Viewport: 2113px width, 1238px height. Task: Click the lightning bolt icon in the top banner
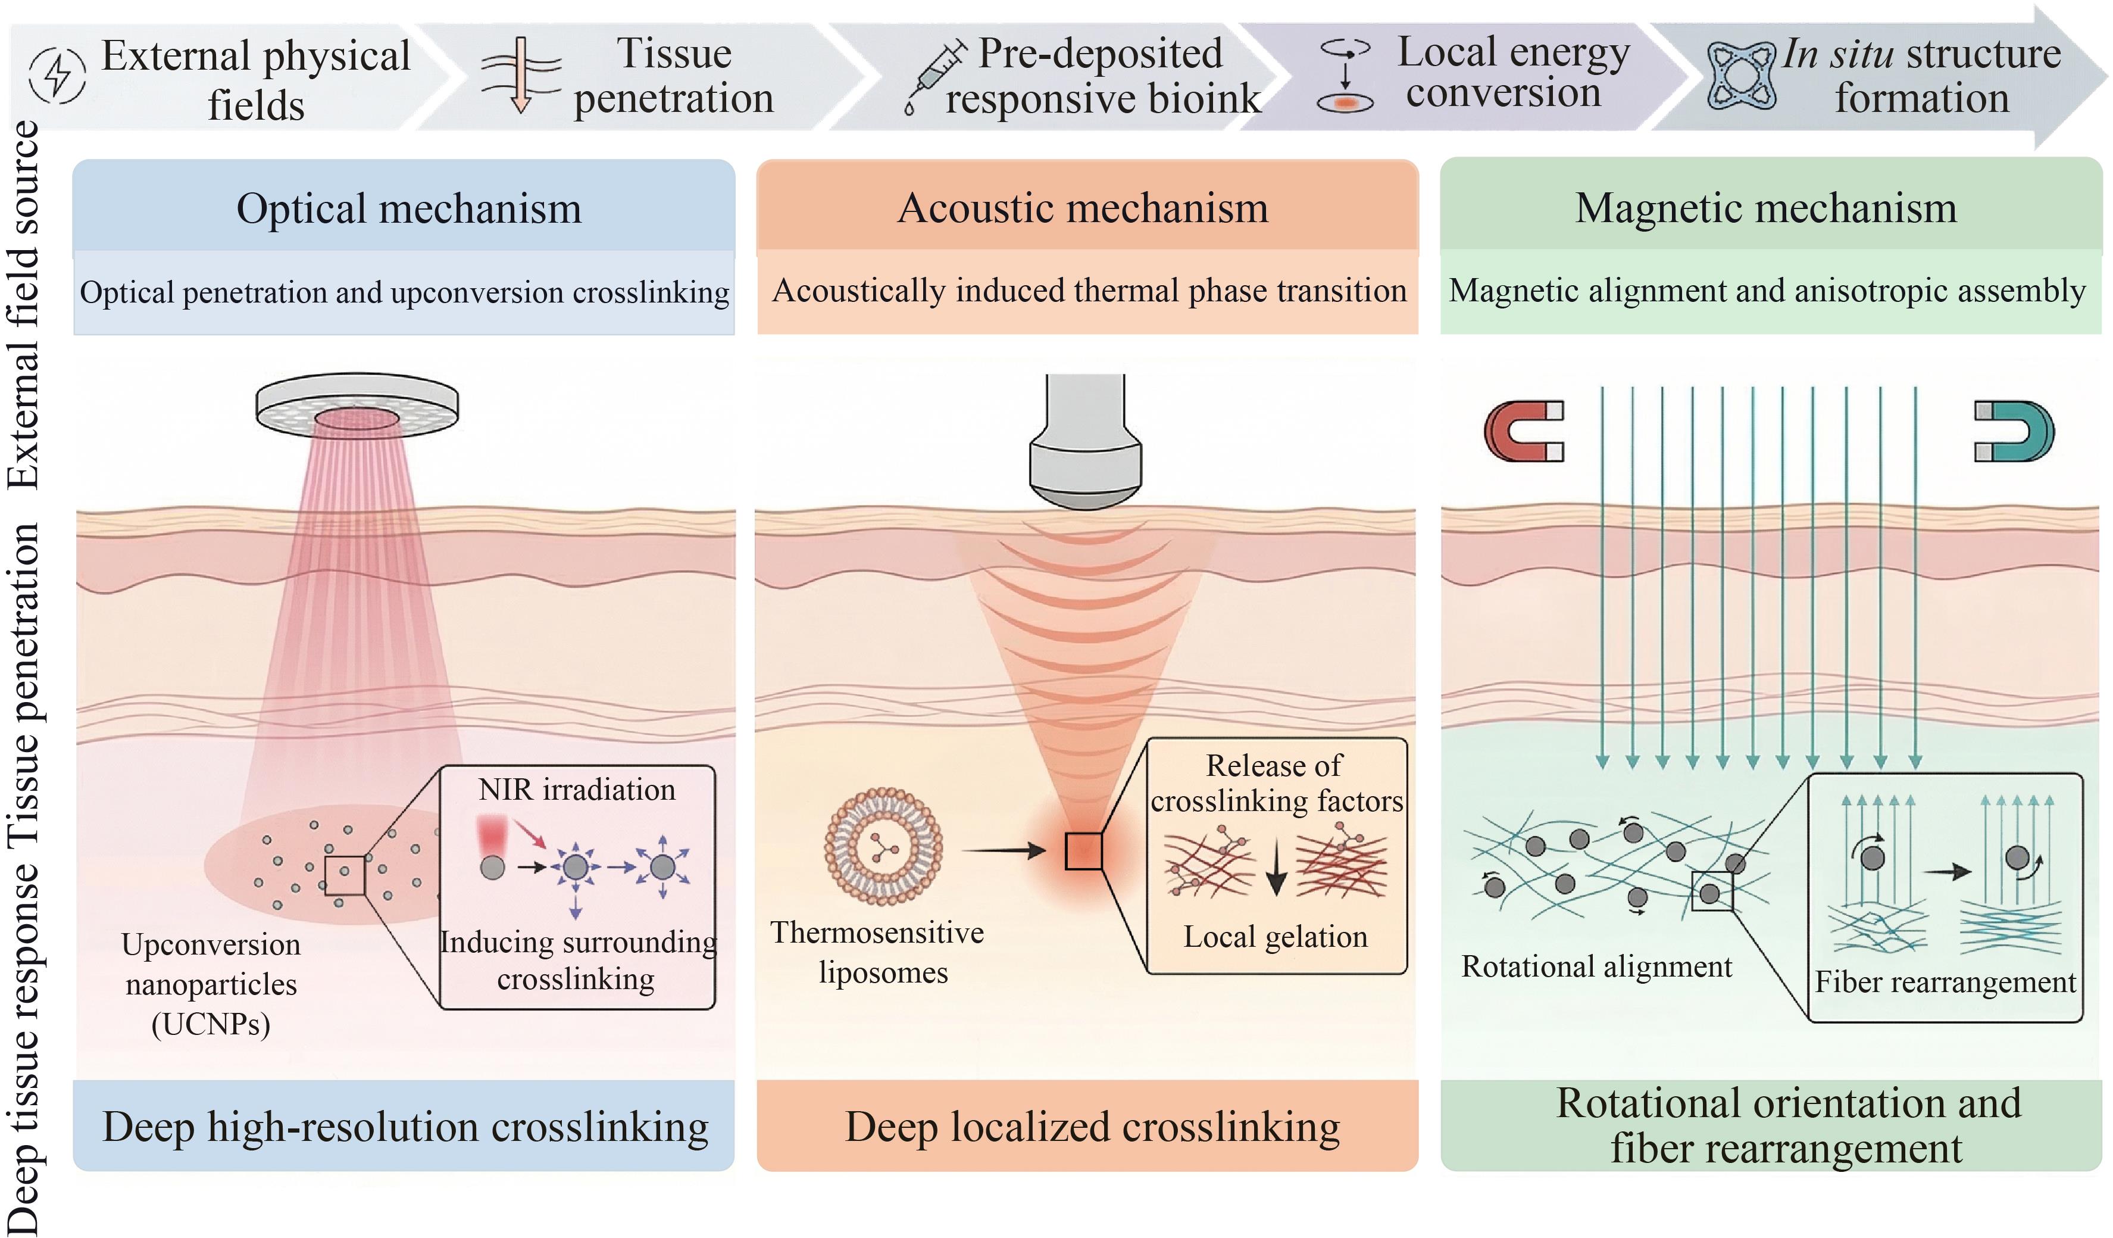point(57,76)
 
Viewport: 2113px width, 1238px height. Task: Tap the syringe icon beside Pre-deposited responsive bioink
point(936,76)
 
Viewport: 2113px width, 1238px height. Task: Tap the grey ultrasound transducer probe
point(1086,441)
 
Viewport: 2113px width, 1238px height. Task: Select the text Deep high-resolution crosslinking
point(406,1127)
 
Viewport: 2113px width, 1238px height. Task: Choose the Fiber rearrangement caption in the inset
point(1945,982)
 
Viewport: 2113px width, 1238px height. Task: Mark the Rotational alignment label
point(1596,967)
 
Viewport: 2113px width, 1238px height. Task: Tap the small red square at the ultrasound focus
point(1083,852)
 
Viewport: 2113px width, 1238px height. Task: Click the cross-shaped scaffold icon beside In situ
point(1742,76)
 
